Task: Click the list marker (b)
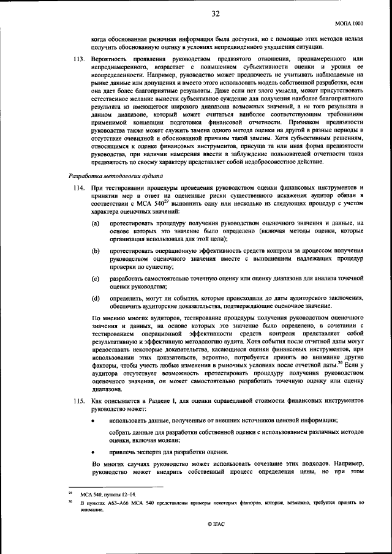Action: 96,251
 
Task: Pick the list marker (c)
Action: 96,279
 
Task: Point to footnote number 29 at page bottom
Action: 70,492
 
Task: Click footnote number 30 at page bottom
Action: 70,501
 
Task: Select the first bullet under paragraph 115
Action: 93,421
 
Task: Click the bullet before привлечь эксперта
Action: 93,451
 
